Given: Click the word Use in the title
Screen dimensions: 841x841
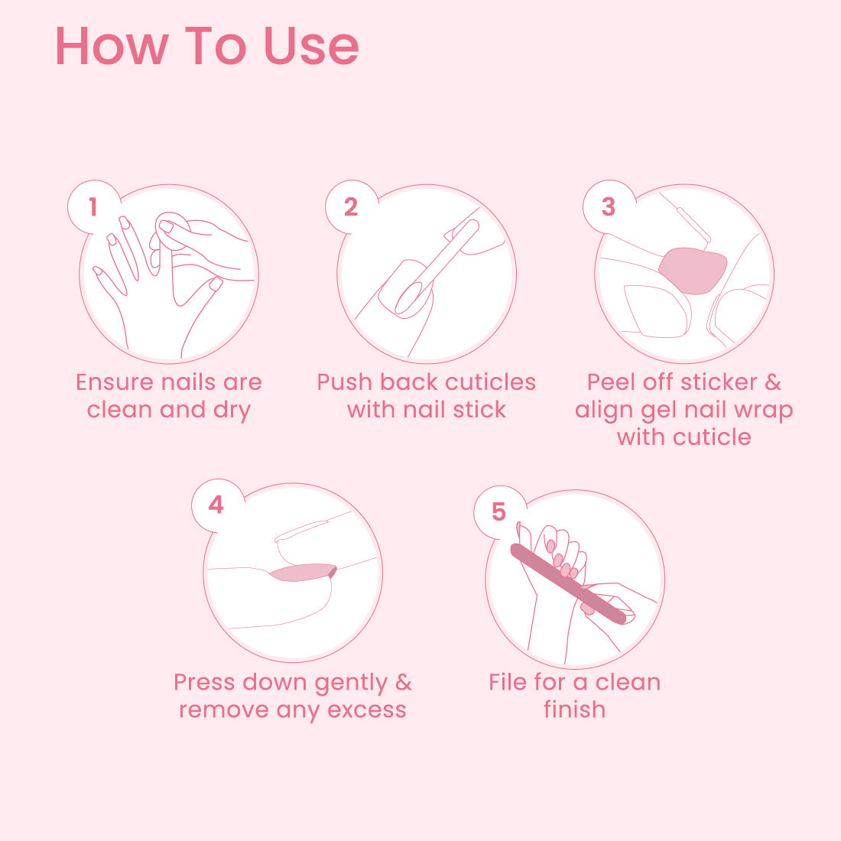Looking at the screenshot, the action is pos(311,47).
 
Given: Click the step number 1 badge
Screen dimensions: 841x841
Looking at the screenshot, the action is pos(94,206).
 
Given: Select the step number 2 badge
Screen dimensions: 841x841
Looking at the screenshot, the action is pos(351,206).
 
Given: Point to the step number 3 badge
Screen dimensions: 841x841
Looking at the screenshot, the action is pos(609,206).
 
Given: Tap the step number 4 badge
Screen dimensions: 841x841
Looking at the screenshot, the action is pos(216,505).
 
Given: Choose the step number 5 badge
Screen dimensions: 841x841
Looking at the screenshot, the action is pos(498,511).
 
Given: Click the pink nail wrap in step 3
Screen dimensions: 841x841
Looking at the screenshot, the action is pos(693,271).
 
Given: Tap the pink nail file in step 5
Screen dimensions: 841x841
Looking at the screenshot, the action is pos(569,583).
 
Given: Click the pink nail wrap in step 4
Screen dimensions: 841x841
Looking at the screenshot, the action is pos(303,573).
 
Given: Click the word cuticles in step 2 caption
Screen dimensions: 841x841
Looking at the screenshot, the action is pos(490,382).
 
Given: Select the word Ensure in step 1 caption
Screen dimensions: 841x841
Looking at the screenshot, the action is pos(115,382).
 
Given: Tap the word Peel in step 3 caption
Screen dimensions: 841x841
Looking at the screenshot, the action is pos(612,382).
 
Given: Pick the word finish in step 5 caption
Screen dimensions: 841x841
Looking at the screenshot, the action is pos(574,709).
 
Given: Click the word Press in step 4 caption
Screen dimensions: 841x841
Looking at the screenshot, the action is pos(204,682).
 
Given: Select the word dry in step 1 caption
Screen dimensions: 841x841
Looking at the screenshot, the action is pos(232,411).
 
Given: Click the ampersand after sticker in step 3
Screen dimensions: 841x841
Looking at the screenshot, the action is pos(773,382).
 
